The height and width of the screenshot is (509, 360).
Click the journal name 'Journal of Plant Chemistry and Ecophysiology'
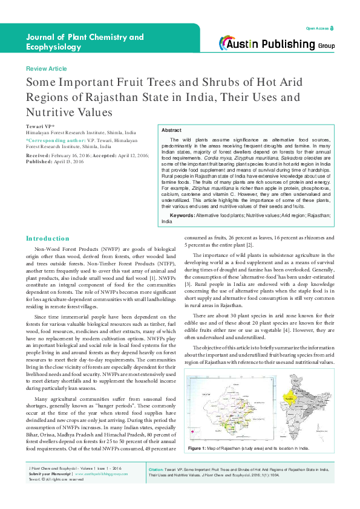[x=85, y=43]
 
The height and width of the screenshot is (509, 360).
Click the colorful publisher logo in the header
[x=235, y=42]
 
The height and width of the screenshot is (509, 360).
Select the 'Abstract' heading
[x=172, y=131]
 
